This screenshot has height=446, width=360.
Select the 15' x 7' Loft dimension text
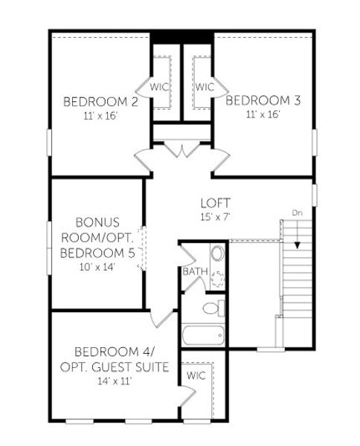(x=216, y=216)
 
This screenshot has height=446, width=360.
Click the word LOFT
(x=216, y=203)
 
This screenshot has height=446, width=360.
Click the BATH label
(x=195, y=272)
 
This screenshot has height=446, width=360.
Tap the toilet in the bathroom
(x=212, y=307)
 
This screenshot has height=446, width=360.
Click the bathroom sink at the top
(x=216, y=254)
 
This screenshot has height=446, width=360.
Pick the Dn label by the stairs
(x=297, y=214)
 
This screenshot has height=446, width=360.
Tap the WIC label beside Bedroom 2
(x=160, y=87)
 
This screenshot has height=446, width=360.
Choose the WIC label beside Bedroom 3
(x=205, y=87)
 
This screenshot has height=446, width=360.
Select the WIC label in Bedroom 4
(x=196, y=375)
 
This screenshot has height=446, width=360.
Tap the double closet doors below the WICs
(x=182, y=148)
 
